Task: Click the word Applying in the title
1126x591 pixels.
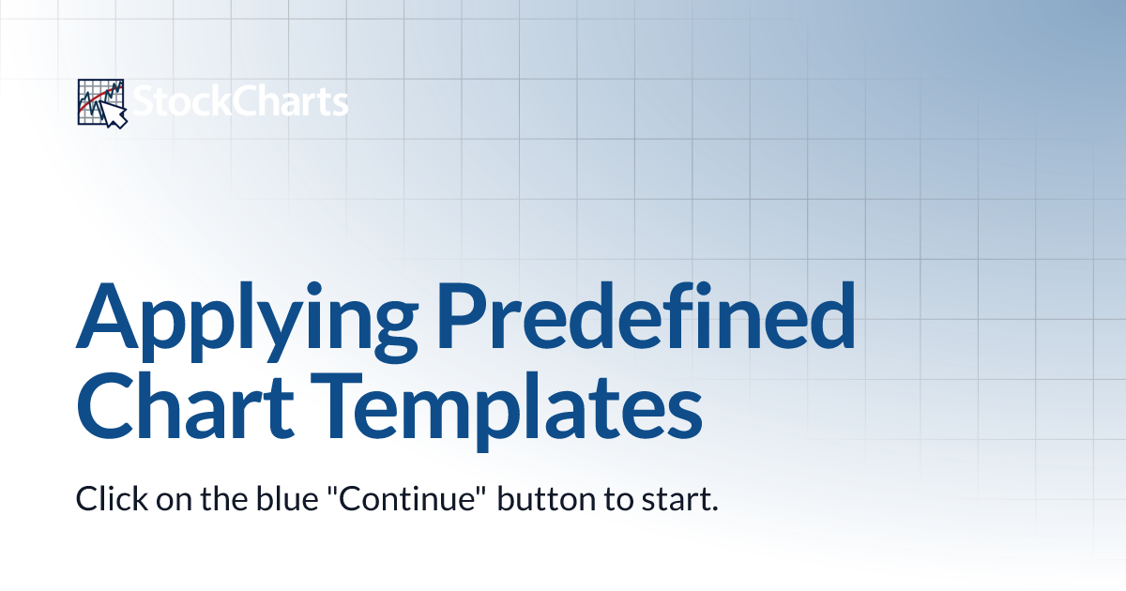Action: (247, 322)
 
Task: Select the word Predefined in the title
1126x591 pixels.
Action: (646, 315)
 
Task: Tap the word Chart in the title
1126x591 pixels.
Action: (185, 406)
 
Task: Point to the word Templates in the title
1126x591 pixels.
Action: (507, 412)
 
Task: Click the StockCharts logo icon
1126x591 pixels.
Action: (102, 103)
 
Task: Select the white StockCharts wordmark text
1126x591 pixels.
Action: (240, 101)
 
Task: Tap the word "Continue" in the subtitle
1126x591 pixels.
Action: (407, 498)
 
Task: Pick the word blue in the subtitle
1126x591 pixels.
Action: (287, 498)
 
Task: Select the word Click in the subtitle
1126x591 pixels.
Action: (112, 498)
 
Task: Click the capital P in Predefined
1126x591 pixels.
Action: (462, 315)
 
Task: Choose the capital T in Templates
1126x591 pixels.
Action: (337, 406)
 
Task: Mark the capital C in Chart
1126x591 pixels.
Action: (104, 406)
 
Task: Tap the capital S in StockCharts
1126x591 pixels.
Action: (144, 101)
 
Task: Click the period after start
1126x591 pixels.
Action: (713, 508)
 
